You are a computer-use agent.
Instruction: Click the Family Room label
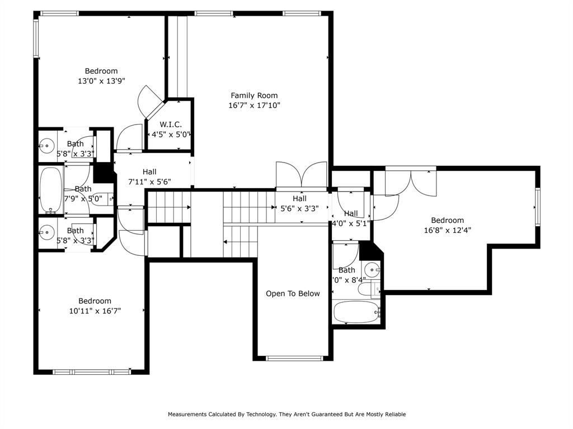254,96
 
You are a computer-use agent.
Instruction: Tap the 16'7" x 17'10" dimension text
254,105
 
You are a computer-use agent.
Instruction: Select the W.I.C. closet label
171,125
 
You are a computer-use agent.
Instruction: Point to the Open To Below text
293,294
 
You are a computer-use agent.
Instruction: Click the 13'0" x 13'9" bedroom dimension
101,80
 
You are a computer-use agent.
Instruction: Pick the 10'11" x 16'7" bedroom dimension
95,311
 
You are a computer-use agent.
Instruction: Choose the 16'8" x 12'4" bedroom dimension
447,230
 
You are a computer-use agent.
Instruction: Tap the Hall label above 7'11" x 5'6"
149,172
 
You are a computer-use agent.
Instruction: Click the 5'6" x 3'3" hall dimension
299,208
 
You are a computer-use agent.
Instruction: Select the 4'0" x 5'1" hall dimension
351,223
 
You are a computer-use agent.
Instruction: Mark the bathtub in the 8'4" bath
356,312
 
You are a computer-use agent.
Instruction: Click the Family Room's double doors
301,176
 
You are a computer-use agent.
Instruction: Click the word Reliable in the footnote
394,414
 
